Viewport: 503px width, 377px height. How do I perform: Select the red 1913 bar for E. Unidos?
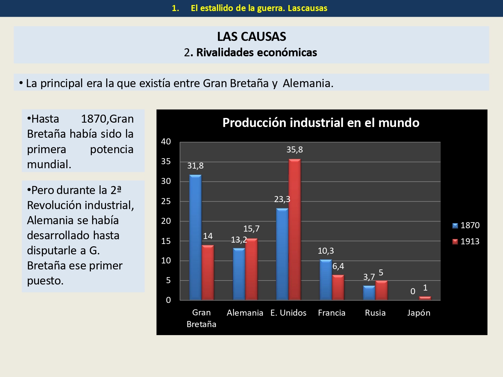294,230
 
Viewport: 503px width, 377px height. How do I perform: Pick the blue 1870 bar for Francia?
326,280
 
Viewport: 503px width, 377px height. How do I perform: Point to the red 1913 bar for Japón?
425,298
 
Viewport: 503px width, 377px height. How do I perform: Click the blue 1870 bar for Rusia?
369,293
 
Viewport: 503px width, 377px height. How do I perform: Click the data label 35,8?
294,150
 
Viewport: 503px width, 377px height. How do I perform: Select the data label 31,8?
195,166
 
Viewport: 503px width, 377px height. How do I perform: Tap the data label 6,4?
338,266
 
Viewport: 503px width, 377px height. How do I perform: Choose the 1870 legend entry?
466,226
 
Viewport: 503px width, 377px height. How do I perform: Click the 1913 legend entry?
466,242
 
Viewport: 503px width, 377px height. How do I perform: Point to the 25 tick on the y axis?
166,201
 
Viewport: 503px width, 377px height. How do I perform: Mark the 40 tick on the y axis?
166,142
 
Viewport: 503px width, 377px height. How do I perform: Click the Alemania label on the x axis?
245,313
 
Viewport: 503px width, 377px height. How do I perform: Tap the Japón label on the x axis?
418,313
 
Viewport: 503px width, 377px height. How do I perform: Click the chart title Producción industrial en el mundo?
321,123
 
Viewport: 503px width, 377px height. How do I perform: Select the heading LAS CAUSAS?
251,37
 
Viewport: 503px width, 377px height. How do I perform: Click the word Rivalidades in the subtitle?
225,53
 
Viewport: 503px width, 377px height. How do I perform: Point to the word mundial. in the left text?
49,165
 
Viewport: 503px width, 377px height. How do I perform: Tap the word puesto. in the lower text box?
45,281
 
